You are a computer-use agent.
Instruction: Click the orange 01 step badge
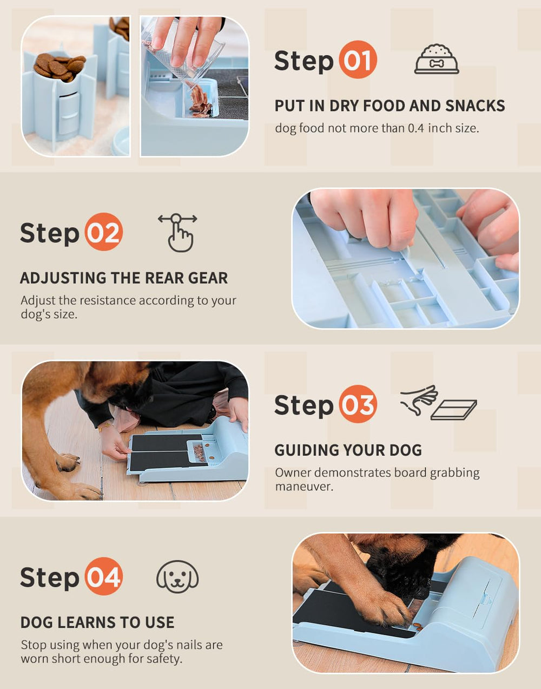[x=358, y=60]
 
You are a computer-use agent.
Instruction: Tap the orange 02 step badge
[x=104, y=232]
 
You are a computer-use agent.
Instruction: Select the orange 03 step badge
[x=358, y=404]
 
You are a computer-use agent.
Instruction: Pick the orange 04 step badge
[x=104, y=576]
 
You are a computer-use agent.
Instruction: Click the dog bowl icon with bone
[x=437, y=60]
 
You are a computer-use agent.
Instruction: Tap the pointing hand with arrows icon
[x=178, y=232]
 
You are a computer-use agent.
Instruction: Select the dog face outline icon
[x=177, y=577]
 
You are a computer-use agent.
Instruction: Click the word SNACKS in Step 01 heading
[x=475, y=106]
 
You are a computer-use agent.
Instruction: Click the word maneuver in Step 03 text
[x=304, y=487]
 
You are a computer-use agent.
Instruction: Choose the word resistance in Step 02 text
[x=108, y=300]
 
